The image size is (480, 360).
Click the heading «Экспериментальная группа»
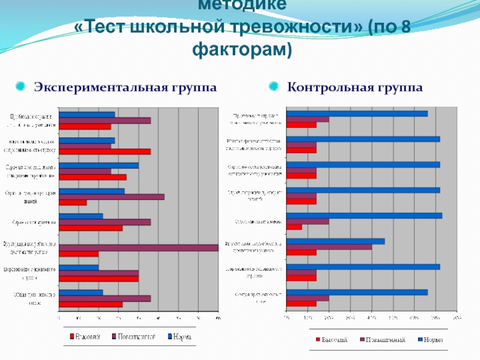click(125, 88)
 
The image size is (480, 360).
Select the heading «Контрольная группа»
click(355, 88)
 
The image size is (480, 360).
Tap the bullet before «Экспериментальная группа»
click(20, 88)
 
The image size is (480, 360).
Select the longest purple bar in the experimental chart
click(138, 247)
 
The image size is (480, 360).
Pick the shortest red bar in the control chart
click(294, 227)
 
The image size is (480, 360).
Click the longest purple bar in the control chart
click(329, 247)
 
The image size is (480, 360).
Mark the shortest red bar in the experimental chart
click(73, 202)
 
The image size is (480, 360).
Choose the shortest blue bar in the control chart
click(335, 241)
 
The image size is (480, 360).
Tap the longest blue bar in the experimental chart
click(98, 165)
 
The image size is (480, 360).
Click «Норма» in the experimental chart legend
click(182, 338)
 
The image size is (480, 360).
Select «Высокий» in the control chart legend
click(332, 340)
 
